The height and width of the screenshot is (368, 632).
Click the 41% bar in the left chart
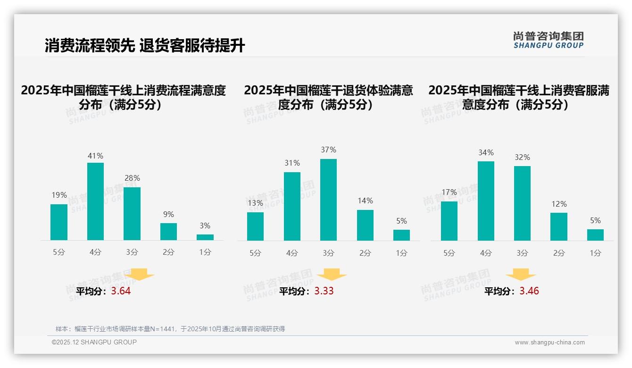(95, 201)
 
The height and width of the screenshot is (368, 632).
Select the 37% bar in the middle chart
(328, 200)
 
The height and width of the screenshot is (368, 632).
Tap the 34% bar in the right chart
(486, 201)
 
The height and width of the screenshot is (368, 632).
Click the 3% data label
(205, 226)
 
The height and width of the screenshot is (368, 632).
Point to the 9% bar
(168, 232)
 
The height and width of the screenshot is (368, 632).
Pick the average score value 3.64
(121, 291)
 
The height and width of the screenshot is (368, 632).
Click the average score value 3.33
(324, 291)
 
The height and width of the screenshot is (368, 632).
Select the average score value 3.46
(529, 291)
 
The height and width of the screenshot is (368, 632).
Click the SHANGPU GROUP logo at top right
(548, 40)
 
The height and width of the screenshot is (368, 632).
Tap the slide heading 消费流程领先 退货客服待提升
(145, 46)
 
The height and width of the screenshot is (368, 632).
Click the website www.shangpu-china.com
(549, 343)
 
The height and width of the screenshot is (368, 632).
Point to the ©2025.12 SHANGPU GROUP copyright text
(94, 342)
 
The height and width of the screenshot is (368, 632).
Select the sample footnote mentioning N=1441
(170, 329)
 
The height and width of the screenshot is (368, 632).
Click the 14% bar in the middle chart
(365, 225)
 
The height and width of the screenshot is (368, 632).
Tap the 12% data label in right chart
(559, 204)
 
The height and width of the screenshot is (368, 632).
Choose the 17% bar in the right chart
(449, 221)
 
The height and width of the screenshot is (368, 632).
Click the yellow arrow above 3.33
(332, 275)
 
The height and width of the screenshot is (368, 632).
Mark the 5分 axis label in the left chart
(59, 252)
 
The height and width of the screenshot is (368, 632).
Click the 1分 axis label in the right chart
(595, 253)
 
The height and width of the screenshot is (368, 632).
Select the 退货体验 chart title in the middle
(328, 97)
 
